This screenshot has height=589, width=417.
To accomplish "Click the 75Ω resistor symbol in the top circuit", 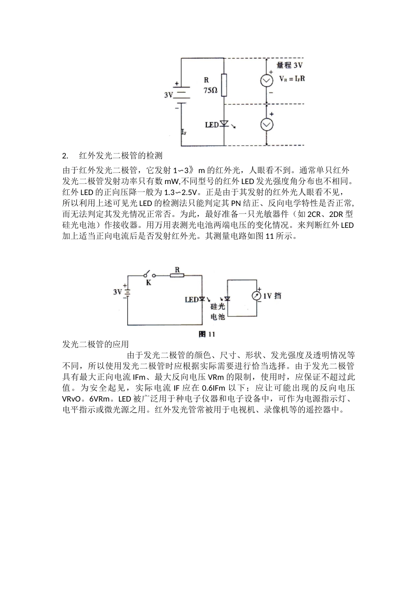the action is coord(224,85).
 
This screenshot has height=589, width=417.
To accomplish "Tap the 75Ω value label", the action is coord(210,90).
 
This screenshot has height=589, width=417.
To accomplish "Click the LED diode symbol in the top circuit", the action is coord(224,124).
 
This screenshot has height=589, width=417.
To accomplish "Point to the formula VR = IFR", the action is coord(292,80).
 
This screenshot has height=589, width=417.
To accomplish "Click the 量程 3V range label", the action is coord(289,66).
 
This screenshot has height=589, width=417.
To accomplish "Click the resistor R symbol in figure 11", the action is coord(177,276).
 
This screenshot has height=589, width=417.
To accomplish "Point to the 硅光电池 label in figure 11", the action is coord(218,312).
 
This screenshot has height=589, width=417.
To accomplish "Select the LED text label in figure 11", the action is coord(191,300).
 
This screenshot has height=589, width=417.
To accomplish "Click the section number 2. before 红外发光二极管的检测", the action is coord(65,156).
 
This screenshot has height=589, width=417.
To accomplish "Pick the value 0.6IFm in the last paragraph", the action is coord(214,388).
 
